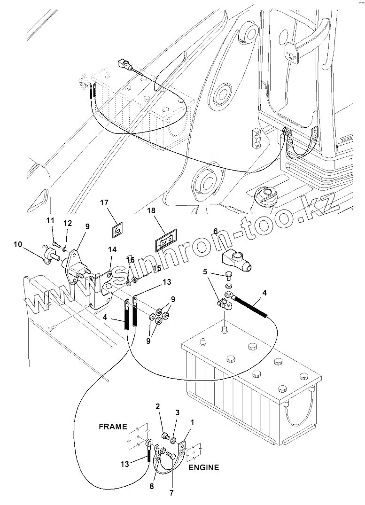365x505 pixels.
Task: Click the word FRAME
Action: click(x=113, y=427)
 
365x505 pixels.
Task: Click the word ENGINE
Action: click(x=203, y=467)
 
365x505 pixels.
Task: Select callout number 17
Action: click(x=104, y=203)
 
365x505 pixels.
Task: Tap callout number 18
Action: click(x=151, y=210)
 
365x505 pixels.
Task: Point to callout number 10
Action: click(x=18, y=244)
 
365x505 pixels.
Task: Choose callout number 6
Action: click(x=215, y=231)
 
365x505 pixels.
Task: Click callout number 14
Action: click(x=113, y=249)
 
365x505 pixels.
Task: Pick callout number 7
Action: click(x=171, y=493)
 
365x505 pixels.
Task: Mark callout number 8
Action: click(x=152, y=486)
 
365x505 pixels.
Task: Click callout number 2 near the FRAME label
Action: click(x=157, y=406)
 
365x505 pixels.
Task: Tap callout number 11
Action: click(x=50, y=221)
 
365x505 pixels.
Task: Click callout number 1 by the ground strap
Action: click(x=192, y=422)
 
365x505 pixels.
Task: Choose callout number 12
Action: click(x=68, y=223)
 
